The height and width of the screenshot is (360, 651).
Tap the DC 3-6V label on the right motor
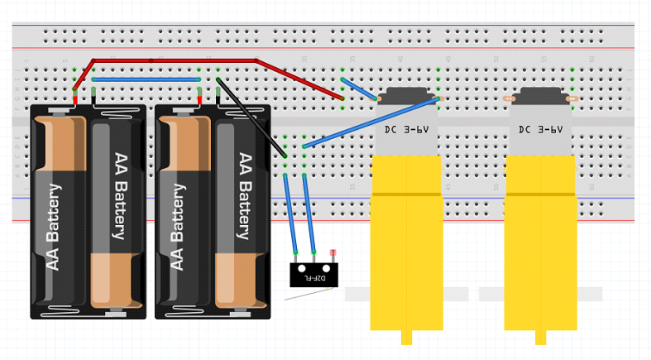(x=540, y=130)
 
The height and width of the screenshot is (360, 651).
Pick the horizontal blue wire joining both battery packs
(x=146, y=79)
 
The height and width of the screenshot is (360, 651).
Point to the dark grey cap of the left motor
(x=406, y=94)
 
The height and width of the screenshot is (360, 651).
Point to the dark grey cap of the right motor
(x=540, y=94)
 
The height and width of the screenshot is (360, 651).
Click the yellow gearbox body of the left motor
(x=406, y=248)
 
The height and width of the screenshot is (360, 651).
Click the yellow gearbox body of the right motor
(x=540, y=248)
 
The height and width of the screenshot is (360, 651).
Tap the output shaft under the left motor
(x=406, y=338)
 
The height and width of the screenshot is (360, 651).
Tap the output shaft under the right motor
(x=540, y=338)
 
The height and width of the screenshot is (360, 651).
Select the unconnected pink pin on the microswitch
(x=333, y=253)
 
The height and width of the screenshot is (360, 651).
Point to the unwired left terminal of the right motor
(x=508, y=98)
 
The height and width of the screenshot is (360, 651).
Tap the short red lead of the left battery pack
(x=75, y=96)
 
